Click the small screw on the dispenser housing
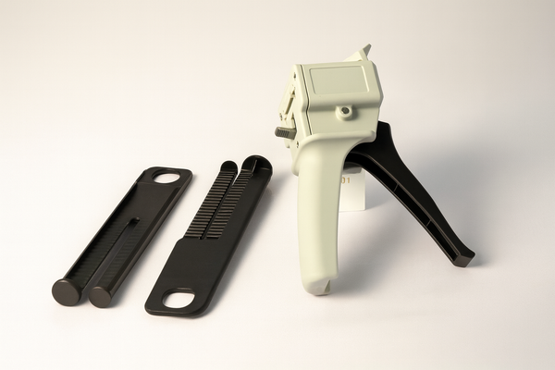pyautogui.click(x=346, y=112)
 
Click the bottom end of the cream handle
pyautogui.click(x=316, y=286)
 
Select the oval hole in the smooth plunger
pyautogui.click(x=168, y=177)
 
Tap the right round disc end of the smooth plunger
pyautogui.click(x=100, y=296)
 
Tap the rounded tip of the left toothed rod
pyautogui.click(x=228, y=166)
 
